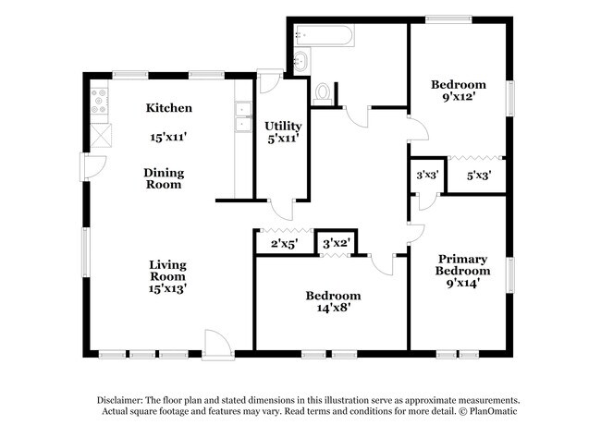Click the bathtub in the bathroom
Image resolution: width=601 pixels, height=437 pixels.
point(324,36)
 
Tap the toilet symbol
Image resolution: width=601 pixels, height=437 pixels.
point(322,94)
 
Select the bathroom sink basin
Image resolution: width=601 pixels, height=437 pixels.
point(302,60)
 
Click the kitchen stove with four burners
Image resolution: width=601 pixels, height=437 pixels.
point(99,101)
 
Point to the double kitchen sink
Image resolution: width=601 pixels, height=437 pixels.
point(243,116)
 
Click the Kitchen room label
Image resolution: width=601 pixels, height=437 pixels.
point(169,107)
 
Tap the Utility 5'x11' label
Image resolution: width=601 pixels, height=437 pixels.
point(283,132)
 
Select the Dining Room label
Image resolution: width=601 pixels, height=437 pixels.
point(164,178)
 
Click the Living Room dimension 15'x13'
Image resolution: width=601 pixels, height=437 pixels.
point(167,287)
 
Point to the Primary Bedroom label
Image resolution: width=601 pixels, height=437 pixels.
point(462,264)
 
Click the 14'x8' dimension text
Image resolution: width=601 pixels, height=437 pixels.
point(334,307)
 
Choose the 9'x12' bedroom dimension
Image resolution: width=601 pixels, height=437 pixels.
point(459,96)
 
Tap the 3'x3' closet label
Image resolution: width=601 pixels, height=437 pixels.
point(427,175)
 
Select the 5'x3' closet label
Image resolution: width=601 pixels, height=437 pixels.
point(479,176)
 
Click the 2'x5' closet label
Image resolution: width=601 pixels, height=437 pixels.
point(285,244)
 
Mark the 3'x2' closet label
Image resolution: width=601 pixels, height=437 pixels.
point(336,244)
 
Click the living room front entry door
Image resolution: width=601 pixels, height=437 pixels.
point(217,346)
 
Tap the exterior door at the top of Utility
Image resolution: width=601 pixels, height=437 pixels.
point(271,81)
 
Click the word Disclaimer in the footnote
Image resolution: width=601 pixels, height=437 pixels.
point(120,400)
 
